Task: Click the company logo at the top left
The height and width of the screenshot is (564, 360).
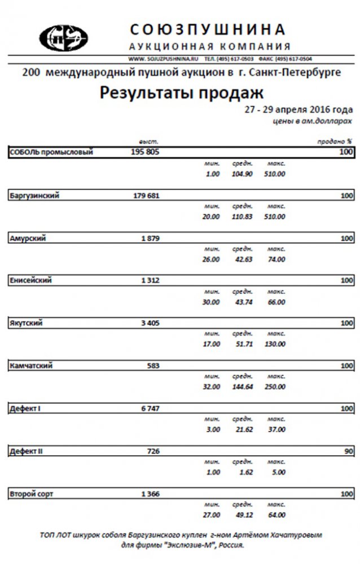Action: click(x=63, y=38)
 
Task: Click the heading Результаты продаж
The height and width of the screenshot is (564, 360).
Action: click(x=182, y=92)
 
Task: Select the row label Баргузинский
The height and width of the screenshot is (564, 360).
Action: click(x=35, y=195)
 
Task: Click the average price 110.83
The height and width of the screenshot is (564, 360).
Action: click(x=242, y=217)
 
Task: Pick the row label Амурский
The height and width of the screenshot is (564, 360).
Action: click(x=28, y=238)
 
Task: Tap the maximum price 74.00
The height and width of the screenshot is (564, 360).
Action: click(x=276, y=259)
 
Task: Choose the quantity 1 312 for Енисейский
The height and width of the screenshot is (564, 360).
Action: click(x=150, y=281)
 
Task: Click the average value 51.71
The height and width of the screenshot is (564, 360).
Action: click(x=242, y=344)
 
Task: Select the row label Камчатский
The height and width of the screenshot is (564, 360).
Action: click(x=32, y=365)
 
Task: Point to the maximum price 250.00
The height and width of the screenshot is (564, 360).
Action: click(x=275, y=387)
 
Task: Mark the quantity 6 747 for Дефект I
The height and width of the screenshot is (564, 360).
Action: click(x=150, y=408)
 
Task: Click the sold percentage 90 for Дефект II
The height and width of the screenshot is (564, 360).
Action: click(x=348, y=451)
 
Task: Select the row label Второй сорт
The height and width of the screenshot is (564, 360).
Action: click(x=32, y=494)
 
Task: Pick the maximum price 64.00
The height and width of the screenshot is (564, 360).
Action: click(x=276, y=515)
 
